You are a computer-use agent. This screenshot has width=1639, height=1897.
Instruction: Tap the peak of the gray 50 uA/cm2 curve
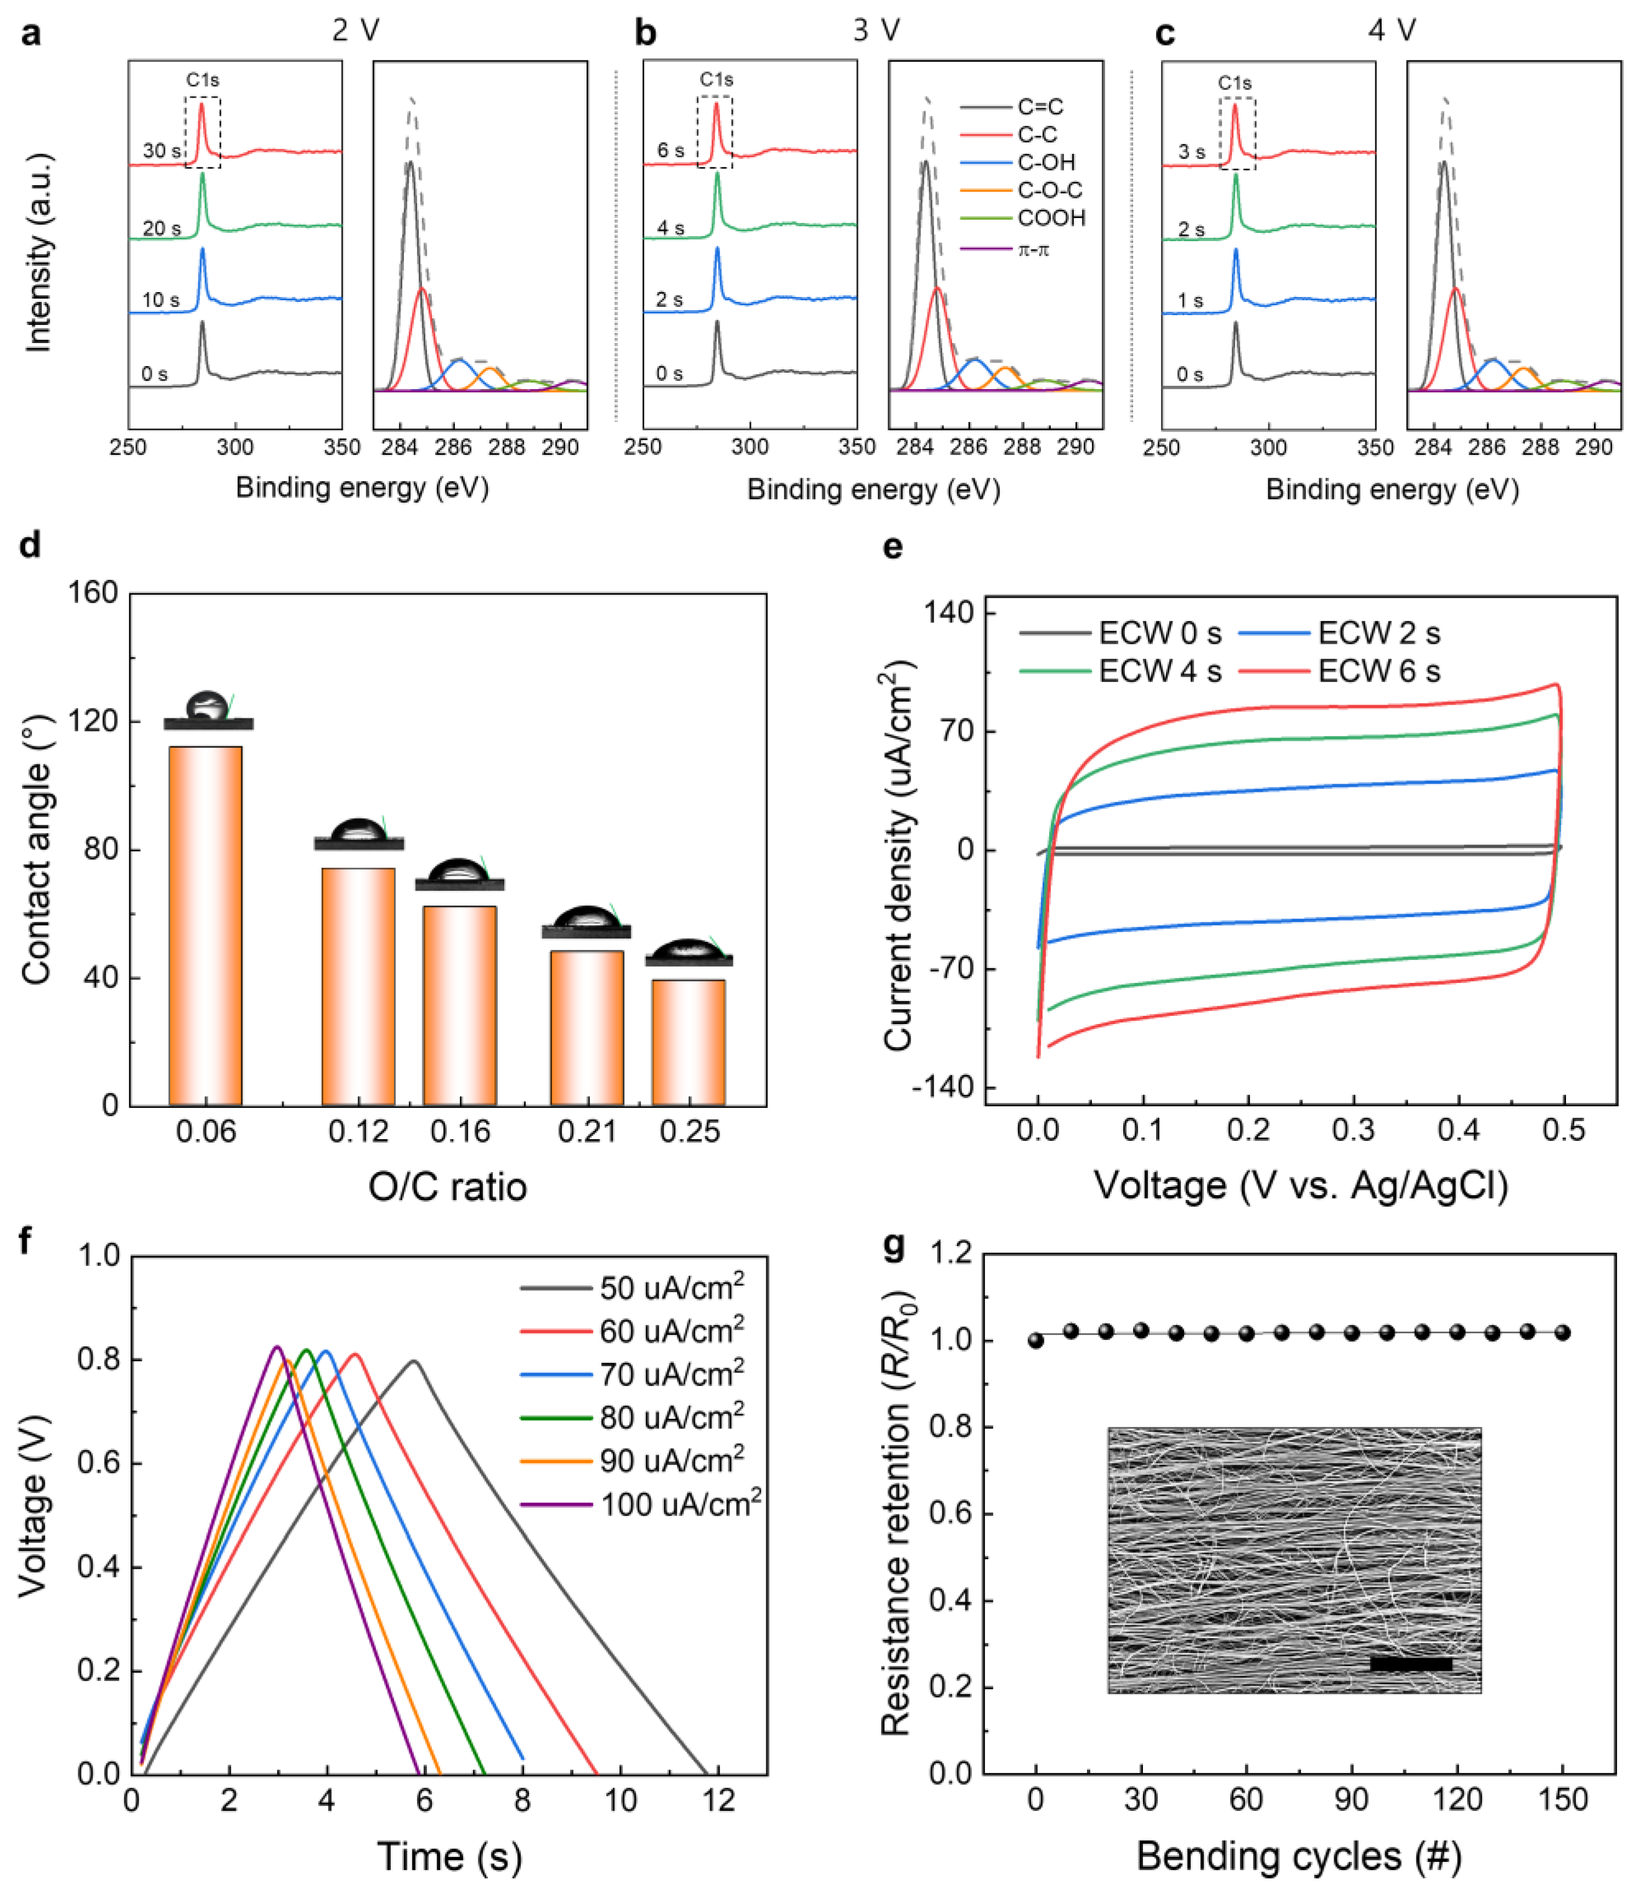(x=415, y=1361)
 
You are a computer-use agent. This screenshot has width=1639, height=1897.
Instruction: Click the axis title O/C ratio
(x=448, y=1187)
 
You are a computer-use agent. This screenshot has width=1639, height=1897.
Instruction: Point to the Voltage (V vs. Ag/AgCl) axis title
(x=1300, y=1186)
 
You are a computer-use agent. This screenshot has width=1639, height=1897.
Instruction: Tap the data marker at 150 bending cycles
(x=1562, y=1333)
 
